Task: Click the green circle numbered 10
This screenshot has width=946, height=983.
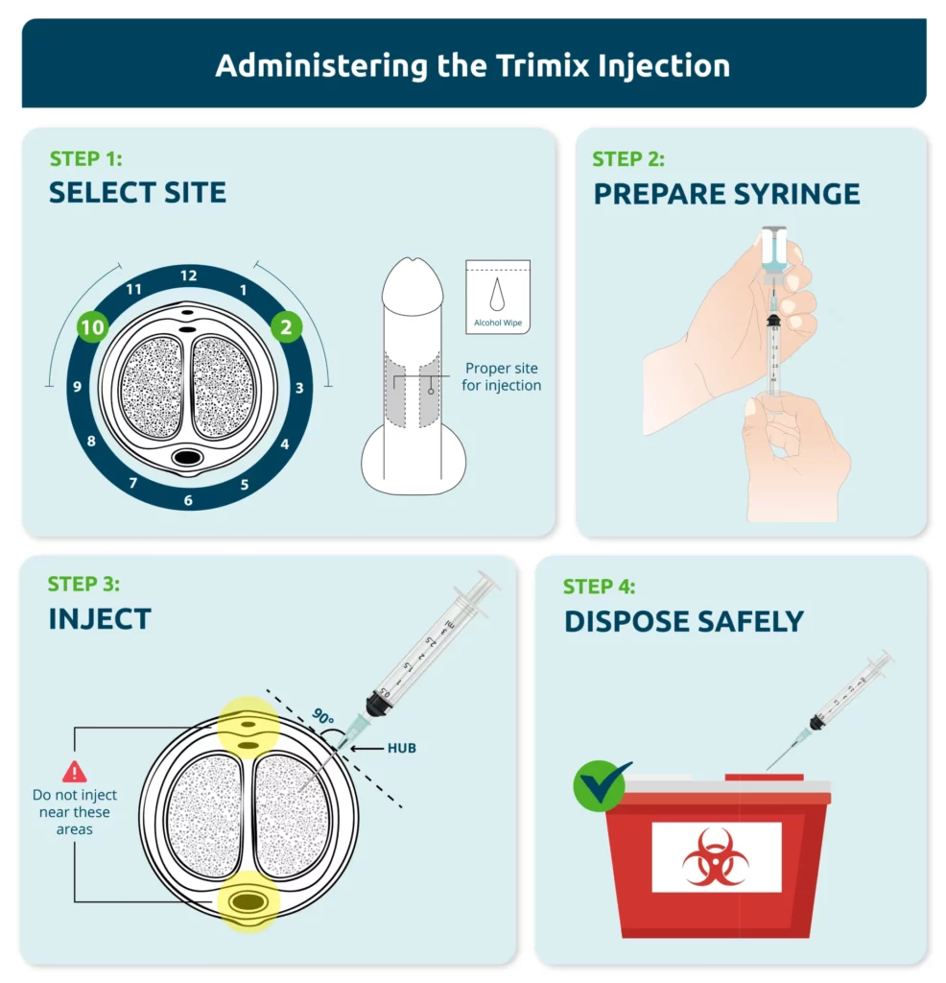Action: [x=93, y=326]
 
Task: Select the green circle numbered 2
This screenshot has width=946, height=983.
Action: [x=286, y=326]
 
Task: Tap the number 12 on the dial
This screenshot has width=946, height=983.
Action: [x=189, y=276]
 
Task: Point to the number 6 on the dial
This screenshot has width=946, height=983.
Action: [x=188, y=500]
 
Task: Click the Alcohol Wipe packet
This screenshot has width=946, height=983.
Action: [x=498, y=297]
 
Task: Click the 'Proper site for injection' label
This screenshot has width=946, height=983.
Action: [x=501, y=376]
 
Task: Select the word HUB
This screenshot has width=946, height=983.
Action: [x=402, y=748]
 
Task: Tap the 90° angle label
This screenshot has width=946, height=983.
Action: [x=322, y=716]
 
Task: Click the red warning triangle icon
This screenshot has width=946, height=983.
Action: [x=75, y=772]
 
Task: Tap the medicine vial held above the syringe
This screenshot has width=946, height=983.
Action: [x=773, y=256]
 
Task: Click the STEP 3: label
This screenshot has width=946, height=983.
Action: [x=83, y=585]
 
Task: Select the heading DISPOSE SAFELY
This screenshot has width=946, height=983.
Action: [x=684, y=622]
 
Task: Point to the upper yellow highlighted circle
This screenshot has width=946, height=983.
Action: [x=248, y=728]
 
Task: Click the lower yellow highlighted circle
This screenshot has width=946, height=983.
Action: [x=248, y=901]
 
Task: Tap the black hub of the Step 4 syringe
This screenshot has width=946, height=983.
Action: [x=817, y=722]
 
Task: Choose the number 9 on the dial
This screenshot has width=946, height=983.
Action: [x=77, y=386]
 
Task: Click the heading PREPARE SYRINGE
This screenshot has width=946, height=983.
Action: [x=726, y=194]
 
